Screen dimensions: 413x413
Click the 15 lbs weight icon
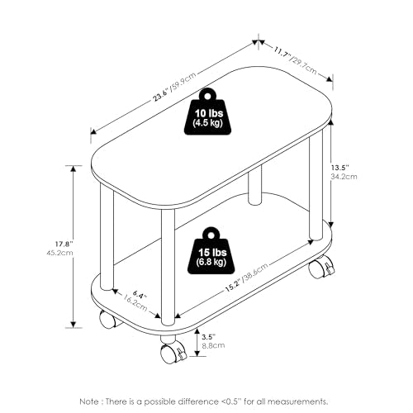tap(211, 251)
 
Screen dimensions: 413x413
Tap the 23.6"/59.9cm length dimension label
tap(174, 87)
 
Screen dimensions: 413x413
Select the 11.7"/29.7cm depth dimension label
tap(295, 60)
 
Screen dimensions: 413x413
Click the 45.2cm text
tap(60, 253)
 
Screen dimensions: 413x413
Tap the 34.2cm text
tap(344, 176)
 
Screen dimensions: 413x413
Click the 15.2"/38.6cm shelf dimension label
tap(247, 278)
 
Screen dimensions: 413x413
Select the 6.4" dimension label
tap(140, 295)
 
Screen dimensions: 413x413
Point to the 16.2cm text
tap(135, 303)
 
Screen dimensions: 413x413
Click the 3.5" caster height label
tap(208, 337)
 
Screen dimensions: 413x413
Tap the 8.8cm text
tap(213, 345)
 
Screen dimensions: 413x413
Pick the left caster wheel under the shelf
tap(107, 320)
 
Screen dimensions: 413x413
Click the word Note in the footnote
tap(89, 401)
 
